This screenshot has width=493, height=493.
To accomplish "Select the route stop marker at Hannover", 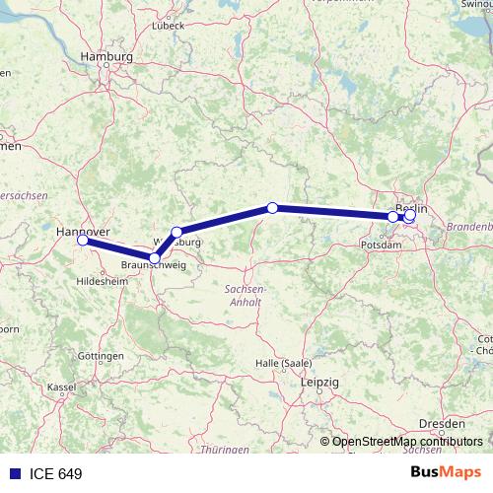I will coord(83,240).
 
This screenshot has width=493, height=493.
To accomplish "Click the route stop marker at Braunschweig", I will coord(155,258).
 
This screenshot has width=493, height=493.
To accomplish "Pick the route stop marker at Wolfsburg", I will coord(176,233).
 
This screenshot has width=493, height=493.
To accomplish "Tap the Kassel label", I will coord(62,387).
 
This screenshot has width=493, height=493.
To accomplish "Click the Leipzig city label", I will coord(321,381).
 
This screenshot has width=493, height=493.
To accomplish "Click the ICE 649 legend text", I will coord(56,474).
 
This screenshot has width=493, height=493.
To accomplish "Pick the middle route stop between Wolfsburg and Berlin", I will coord(272,208).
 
